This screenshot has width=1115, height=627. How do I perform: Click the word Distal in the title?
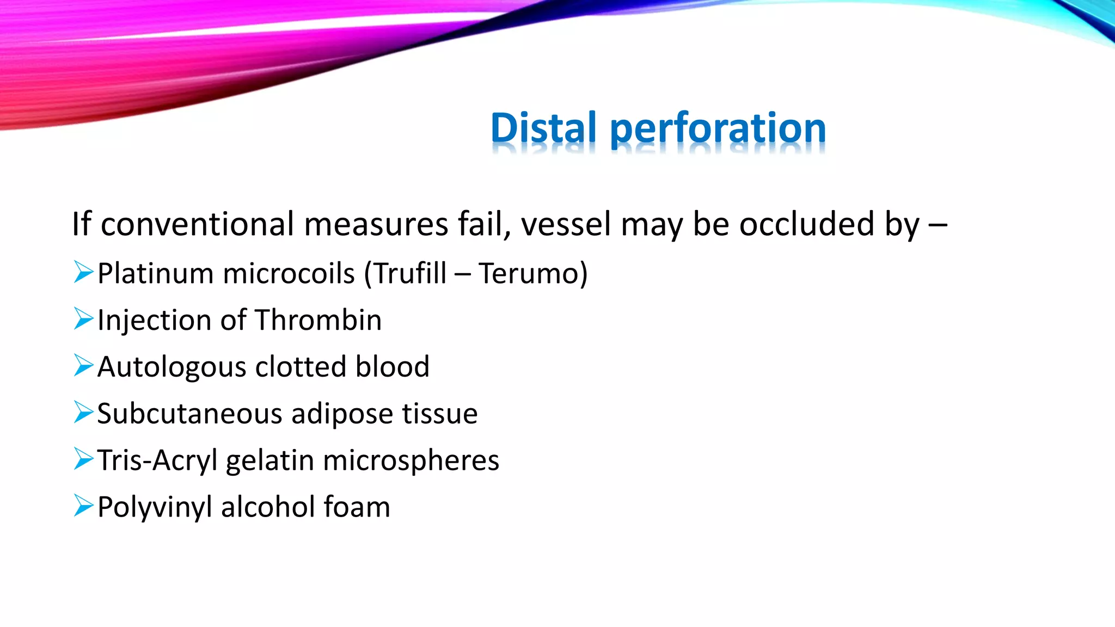click(543, 128)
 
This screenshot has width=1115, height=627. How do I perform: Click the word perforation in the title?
click(718, 128)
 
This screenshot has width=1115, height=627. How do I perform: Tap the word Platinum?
click(155, 273)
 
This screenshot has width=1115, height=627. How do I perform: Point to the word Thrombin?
click(318, 320)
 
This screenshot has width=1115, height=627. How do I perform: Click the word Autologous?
click(171, 367)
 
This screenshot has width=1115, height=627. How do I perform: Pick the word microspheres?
click(411, 461)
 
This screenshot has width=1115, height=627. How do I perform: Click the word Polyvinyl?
click(155, 508)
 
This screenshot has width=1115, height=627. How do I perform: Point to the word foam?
click(357, 507)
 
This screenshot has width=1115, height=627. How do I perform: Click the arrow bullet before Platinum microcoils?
click(83, 272)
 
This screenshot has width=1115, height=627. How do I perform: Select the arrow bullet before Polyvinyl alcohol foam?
click(83, 506)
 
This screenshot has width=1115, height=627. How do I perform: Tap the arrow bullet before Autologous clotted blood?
click(83, 366)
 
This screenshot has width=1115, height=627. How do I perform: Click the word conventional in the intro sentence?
click(197, 224)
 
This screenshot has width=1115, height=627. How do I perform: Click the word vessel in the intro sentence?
click(566, 224)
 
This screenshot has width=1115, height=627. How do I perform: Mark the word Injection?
click(154, 321)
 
